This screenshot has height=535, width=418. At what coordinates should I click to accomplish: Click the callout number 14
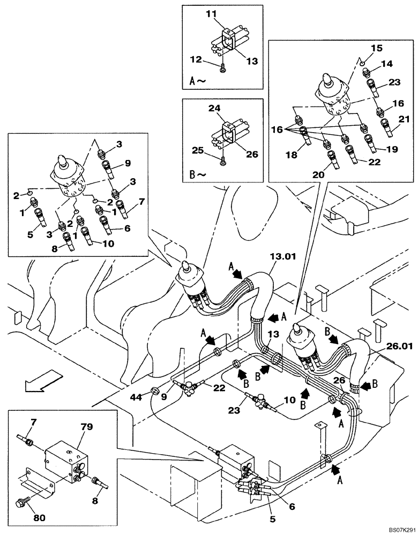387,64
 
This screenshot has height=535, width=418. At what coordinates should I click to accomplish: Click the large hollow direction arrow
40,384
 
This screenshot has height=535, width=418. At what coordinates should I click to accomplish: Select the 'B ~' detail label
197,173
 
